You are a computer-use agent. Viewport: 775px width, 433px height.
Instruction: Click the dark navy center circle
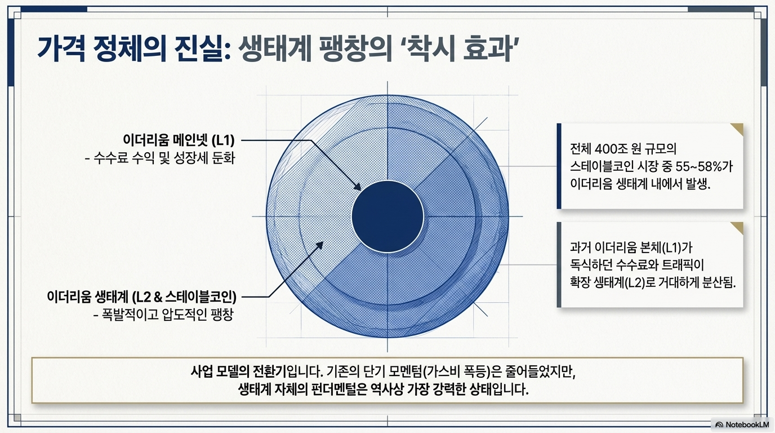click(x=387, y=216)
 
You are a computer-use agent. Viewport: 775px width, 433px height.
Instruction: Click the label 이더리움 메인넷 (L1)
click(x=179, y=140)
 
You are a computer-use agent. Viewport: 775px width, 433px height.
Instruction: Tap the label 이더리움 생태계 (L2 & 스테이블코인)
click(x=141, y=296)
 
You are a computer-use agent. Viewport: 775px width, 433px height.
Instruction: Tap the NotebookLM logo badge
click(x=742, y=424)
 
